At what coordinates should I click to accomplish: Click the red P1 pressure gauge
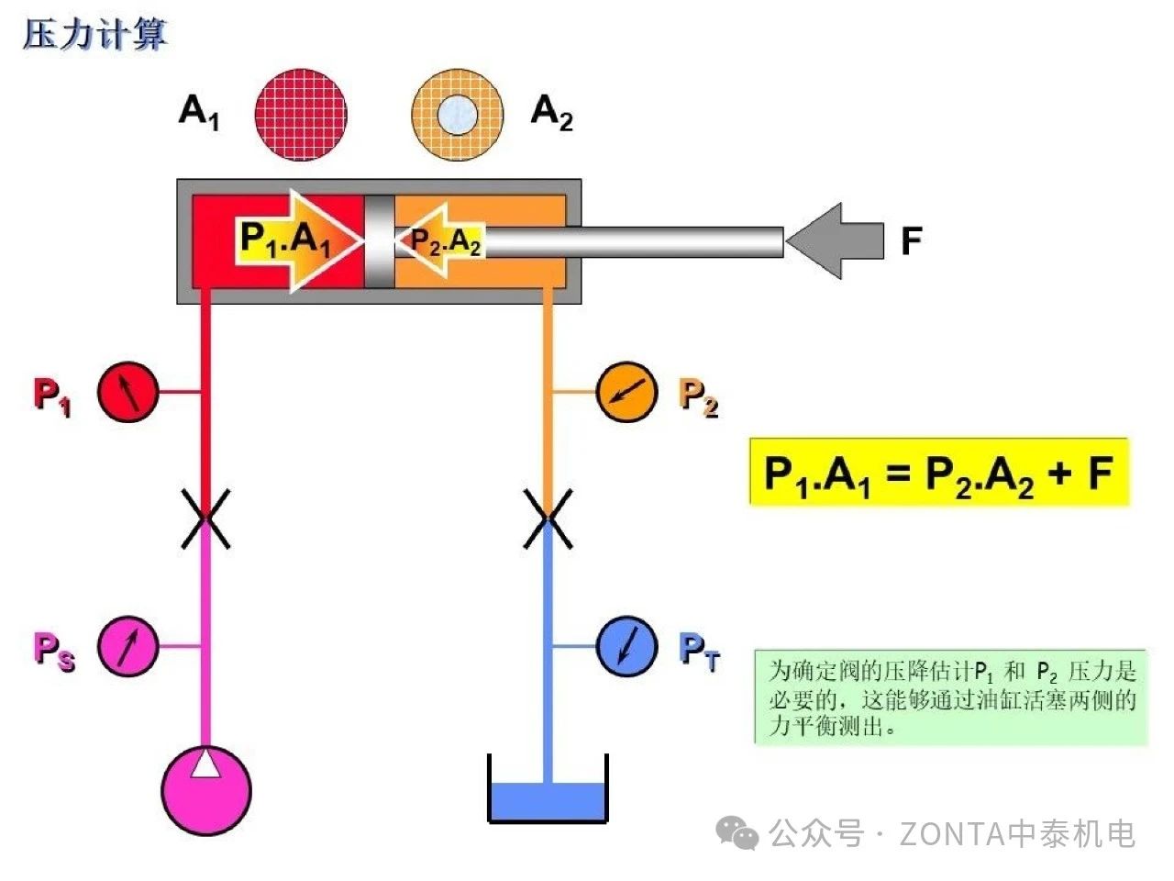pyautogui.click(x=127, y=392)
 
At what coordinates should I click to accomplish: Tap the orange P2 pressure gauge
pyautogui.click(x=626, y=392)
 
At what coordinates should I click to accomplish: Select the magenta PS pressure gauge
pyautogui.click(x=127, y=646)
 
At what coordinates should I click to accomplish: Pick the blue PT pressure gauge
pyautogui.click(x=626, y=646)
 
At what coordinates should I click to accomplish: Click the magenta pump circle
pyautogui.click(x=206, y=790)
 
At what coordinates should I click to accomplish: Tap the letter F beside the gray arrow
pyautogui.click(x=910, y=241)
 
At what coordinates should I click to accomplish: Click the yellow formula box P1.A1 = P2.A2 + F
pyautogui.click(x=938, y=473)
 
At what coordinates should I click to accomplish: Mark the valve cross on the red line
pyautogui.click(x=206, y=519)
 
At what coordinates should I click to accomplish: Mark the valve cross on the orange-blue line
pyautogui.click(x=548, y=519)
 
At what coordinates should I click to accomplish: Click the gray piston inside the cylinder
pyautogui.click(x=379, y=241)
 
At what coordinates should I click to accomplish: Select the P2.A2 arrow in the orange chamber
pyautogui.click(x=440, y=241)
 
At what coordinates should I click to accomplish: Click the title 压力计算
pyautogui.click(x=94, y=35)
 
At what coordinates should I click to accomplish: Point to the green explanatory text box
pyautogui.click(x=950, y=697)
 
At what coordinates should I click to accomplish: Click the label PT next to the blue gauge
pyautogui.click(x=700, y=650)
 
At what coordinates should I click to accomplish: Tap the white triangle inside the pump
pyautogui.click(x=206, y=764)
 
